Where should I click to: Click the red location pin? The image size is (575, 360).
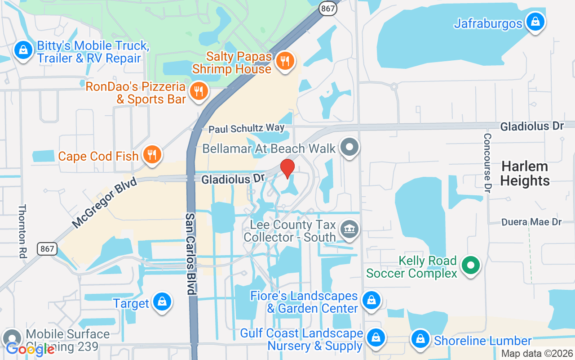[287, 168]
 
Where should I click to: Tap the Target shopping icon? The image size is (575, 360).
[161, 302]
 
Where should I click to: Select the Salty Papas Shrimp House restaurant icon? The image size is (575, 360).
[284, 61]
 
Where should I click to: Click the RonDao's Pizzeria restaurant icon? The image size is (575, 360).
[198, 91]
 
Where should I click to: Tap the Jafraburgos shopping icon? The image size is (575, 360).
[535, 22]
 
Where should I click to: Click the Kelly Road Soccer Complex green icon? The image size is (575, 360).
[470, 265]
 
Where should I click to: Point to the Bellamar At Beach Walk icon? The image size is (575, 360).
[349, 148]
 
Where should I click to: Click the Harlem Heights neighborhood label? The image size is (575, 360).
[525, 173]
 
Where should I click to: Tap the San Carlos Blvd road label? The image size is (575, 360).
[191, 254]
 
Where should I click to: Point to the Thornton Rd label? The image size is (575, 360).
[22, 231]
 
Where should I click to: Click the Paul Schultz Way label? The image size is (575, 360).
[247, 129]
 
